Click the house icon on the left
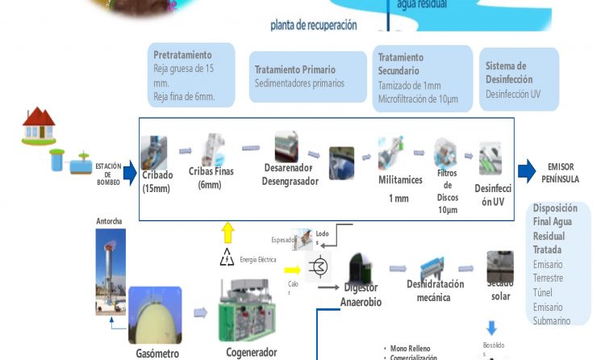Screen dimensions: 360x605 coord(38,123)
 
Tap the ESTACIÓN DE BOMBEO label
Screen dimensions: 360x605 coord(108,174)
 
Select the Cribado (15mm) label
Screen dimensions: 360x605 coord(157,182)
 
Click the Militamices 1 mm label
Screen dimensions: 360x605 coord(400,188)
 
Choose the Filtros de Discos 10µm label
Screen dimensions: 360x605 coord(448,190)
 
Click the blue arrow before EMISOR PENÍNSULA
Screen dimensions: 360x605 coord(526,170)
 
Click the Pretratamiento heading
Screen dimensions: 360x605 coord(182,55)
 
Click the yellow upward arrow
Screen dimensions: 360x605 coord(227,233)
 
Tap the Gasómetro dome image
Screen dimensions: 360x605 coord(161,316)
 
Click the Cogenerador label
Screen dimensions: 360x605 coord(252,352)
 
